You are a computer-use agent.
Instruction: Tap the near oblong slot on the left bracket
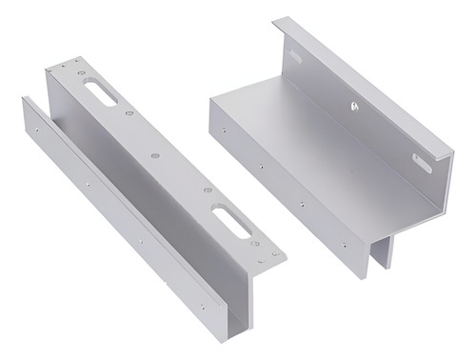(230, 225)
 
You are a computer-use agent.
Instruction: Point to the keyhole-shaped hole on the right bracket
(354, 108)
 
